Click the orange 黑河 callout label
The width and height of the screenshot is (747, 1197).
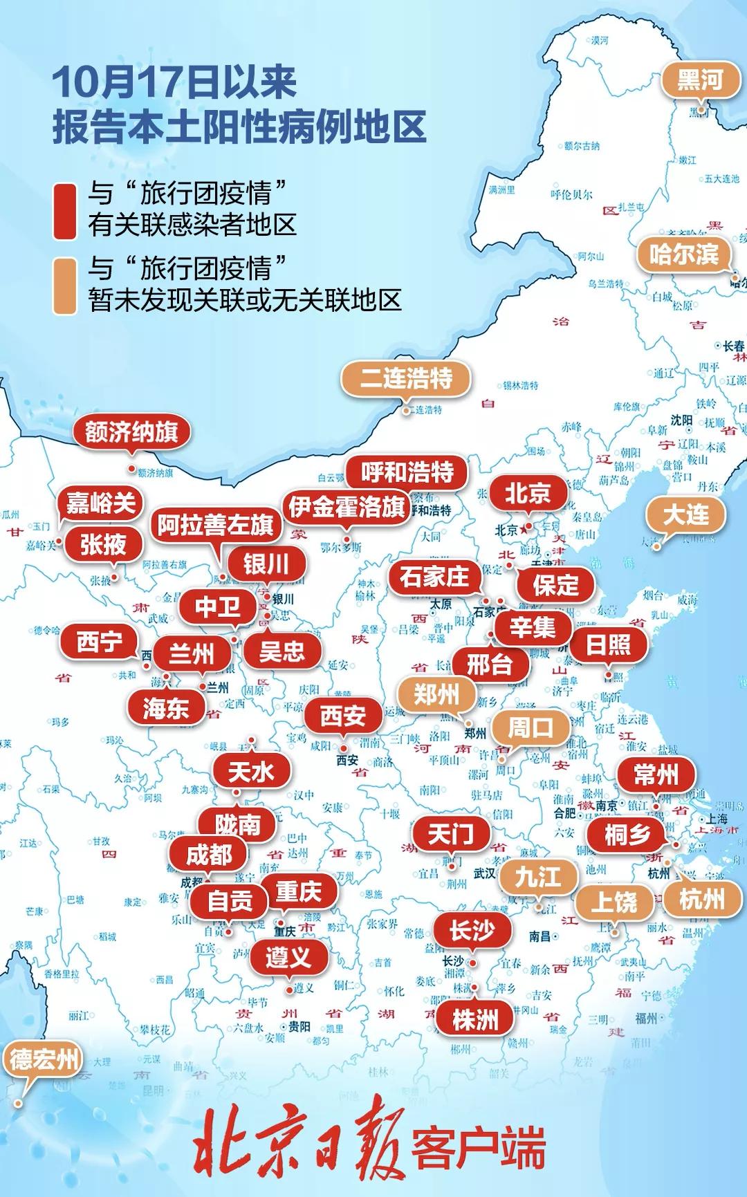click(x=700, y=80)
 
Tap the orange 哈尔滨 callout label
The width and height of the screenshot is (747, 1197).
click(x=683, y=254)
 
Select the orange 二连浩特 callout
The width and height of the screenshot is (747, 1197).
click(x=406, y=378)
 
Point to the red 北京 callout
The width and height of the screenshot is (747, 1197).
click(x=527, y=493)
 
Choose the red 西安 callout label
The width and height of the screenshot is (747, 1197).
click(x=342, y=715)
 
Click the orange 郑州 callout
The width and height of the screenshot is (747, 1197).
click(x=436, y=694)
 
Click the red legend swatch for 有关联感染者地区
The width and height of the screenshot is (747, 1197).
click(x=65, y=211)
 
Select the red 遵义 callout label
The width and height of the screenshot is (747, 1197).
click(x=288, y=957)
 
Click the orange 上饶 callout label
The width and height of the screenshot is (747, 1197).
click(x=614, y=902)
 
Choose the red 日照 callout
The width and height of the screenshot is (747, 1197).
click(x=608, y=644)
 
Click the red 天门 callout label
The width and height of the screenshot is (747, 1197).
click(x=450, y=834)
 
